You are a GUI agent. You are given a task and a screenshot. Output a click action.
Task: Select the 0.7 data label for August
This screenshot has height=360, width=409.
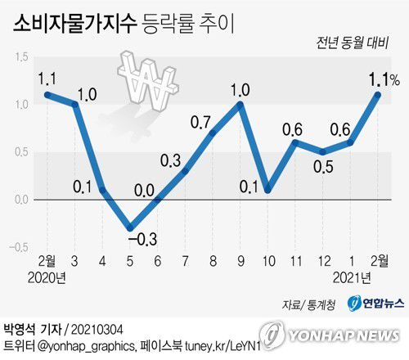pyautogui.click(x=201, y=122)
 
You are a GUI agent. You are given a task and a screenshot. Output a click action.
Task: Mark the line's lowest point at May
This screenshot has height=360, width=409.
pyautogui.click(x=129, y=228)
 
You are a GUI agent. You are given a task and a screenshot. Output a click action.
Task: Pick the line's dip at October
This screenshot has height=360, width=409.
pyautogui.click(x=268, y=190)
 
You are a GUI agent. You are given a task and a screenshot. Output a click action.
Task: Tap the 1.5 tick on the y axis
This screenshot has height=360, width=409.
pyautogui.click(x=21, y=56)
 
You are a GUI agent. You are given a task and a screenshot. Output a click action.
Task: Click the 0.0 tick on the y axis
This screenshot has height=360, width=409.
pyautogui.click(x=21, y=200)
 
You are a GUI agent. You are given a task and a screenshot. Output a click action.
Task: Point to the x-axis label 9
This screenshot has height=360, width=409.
pyautogui.click(x=241, y=262)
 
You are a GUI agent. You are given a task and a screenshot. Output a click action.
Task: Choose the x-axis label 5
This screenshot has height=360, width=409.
pyautogui.click(x=129, y=262)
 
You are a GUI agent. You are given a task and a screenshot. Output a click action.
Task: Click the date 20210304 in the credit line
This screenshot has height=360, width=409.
pyautogui.click(x=97, y=328)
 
